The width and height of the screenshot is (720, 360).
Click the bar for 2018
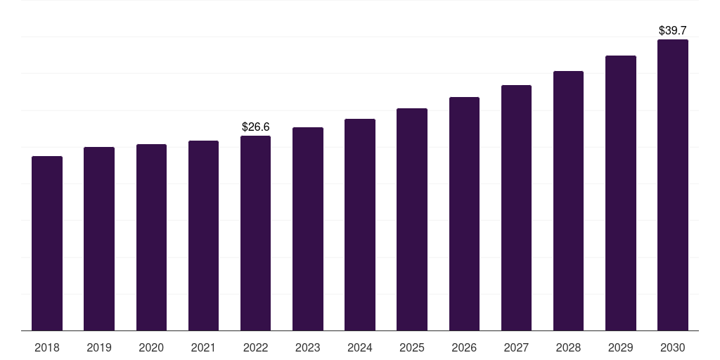coord(47,243)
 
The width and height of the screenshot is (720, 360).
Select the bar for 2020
coord(151,237)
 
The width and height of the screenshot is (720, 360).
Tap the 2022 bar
coord(255,233)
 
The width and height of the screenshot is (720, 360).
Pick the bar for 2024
coord(360,224)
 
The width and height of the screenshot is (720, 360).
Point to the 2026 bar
coord(464,214)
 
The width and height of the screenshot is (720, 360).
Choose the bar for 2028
coord(568,200)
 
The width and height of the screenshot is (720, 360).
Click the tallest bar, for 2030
coord(673,185)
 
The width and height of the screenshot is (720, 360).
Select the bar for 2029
coord(621,193)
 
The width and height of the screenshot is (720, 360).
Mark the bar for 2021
coord(203,236)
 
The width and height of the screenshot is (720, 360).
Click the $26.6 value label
coord(256,127)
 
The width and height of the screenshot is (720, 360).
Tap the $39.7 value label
coord(673,31)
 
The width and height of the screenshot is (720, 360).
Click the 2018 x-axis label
coord(47,348)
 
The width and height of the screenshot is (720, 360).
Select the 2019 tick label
coord(99,348)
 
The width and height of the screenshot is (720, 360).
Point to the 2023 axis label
coord(308,348)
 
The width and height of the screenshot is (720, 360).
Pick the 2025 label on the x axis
coord(412,348)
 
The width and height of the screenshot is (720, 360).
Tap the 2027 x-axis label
coord(516,348)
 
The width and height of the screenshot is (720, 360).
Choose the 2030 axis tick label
coord(673,348)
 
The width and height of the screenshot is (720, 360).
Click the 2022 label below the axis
coord(255,348)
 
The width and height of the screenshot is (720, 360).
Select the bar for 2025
coord(412,219)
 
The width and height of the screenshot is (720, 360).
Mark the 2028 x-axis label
coord(568,348)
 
